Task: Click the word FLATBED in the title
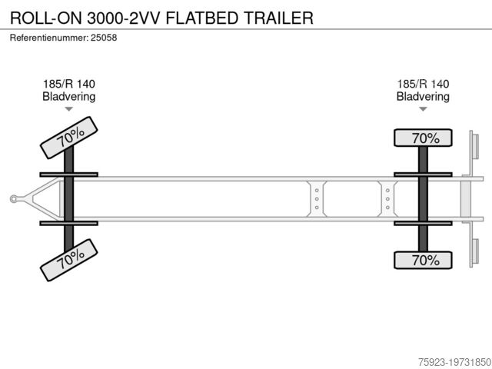[x=202, y=18]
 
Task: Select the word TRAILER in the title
[x=278, y=18]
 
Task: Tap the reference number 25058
[x=104, y=38]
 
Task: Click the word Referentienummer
[x=49, y=38]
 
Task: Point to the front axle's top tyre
[x=69, y=138]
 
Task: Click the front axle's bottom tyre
[x=69, y=260]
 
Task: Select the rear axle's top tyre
[x=423, y=138]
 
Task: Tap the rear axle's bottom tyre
[x=423, y=260]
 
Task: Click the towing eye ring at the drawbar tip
[x=14, y=199]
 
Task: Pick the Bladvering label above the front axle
[x=69, y=96]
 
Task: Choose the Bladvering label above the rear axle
[x=423, y=96]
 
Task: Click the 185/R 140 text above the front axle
[x=69, y=84]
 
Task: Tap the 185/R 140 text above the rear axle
[x=423, y=84]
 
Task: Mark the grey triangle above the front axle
[x=69, y=109]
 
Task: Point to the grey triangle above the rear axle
[x=423, y=109]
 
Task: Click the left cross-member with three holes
[x=317, y=199]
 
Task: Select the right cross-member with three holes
[x=387, y=199]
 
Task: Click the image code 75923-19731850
[x=454, y=362]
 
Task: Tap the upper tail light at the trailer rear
[x=475, y=147]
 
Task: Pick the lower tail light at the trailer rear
[x=475, y=251]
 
